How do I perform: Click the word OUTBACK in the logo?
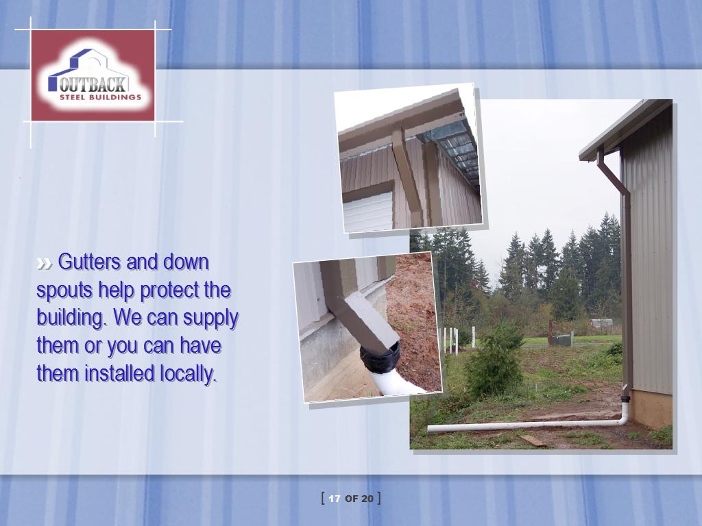click(93, 84)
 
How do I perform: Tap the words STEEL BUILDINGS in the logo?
click(100, 97)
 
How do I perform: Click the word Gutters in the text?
click(89, 262)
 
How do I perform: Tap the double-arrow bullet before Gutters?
click(44, 264)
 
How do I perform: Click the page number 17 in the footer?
click(335, 499)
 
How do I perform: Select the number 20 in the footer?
click(367, 499)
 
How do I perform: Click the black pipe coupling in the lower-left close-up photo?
click(380, 358)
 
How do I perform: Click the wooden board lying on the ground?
click(533, 440)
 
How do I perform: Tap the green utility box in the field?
click(562, 340)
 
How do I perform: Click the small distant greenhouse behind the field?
click(601, 323)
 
